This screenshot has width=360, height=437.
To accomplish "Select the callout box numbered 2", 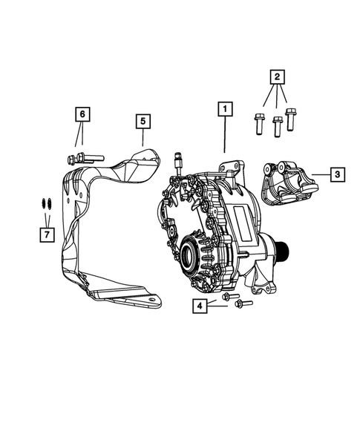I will click(276, 77).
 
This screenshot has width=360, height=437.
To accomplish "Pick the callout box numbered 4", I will click(200, 305).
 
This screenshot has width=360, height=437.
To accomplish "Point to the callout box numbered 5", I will click(142, 121).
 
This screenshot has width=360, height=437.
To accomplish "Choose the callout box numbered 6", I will click(82, 114).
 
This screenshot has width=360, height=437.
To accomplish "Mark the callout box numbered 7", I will click(46, 234).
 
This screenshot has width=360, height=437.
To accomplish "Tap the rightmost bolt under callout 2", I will click(290, 119).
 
